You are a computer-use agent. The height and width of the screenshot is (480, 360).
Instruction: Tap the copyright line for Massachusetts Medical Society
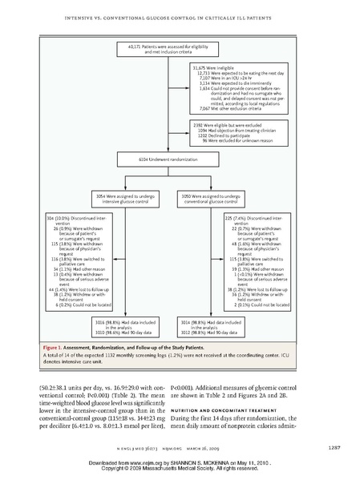click(x=179, y=470)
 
